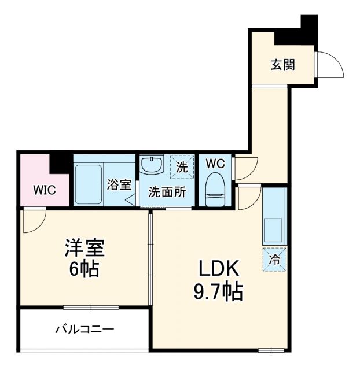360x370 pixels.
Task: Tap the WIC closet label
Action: (x=44, y=190)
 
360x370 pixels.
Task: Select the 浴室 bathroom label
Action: (x=119, y=185)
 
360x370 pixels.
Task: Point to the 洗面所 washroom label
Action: (x=167, y=193)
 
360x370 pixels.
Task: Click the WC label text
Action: (x=215, y=164)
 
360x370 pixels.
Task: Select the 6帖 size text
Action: (x=83, y=269)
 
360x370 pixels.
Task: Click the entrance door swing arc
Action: (x=330, y=65)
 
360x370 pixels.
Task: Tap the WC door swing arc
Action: (x=243, y=168)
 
